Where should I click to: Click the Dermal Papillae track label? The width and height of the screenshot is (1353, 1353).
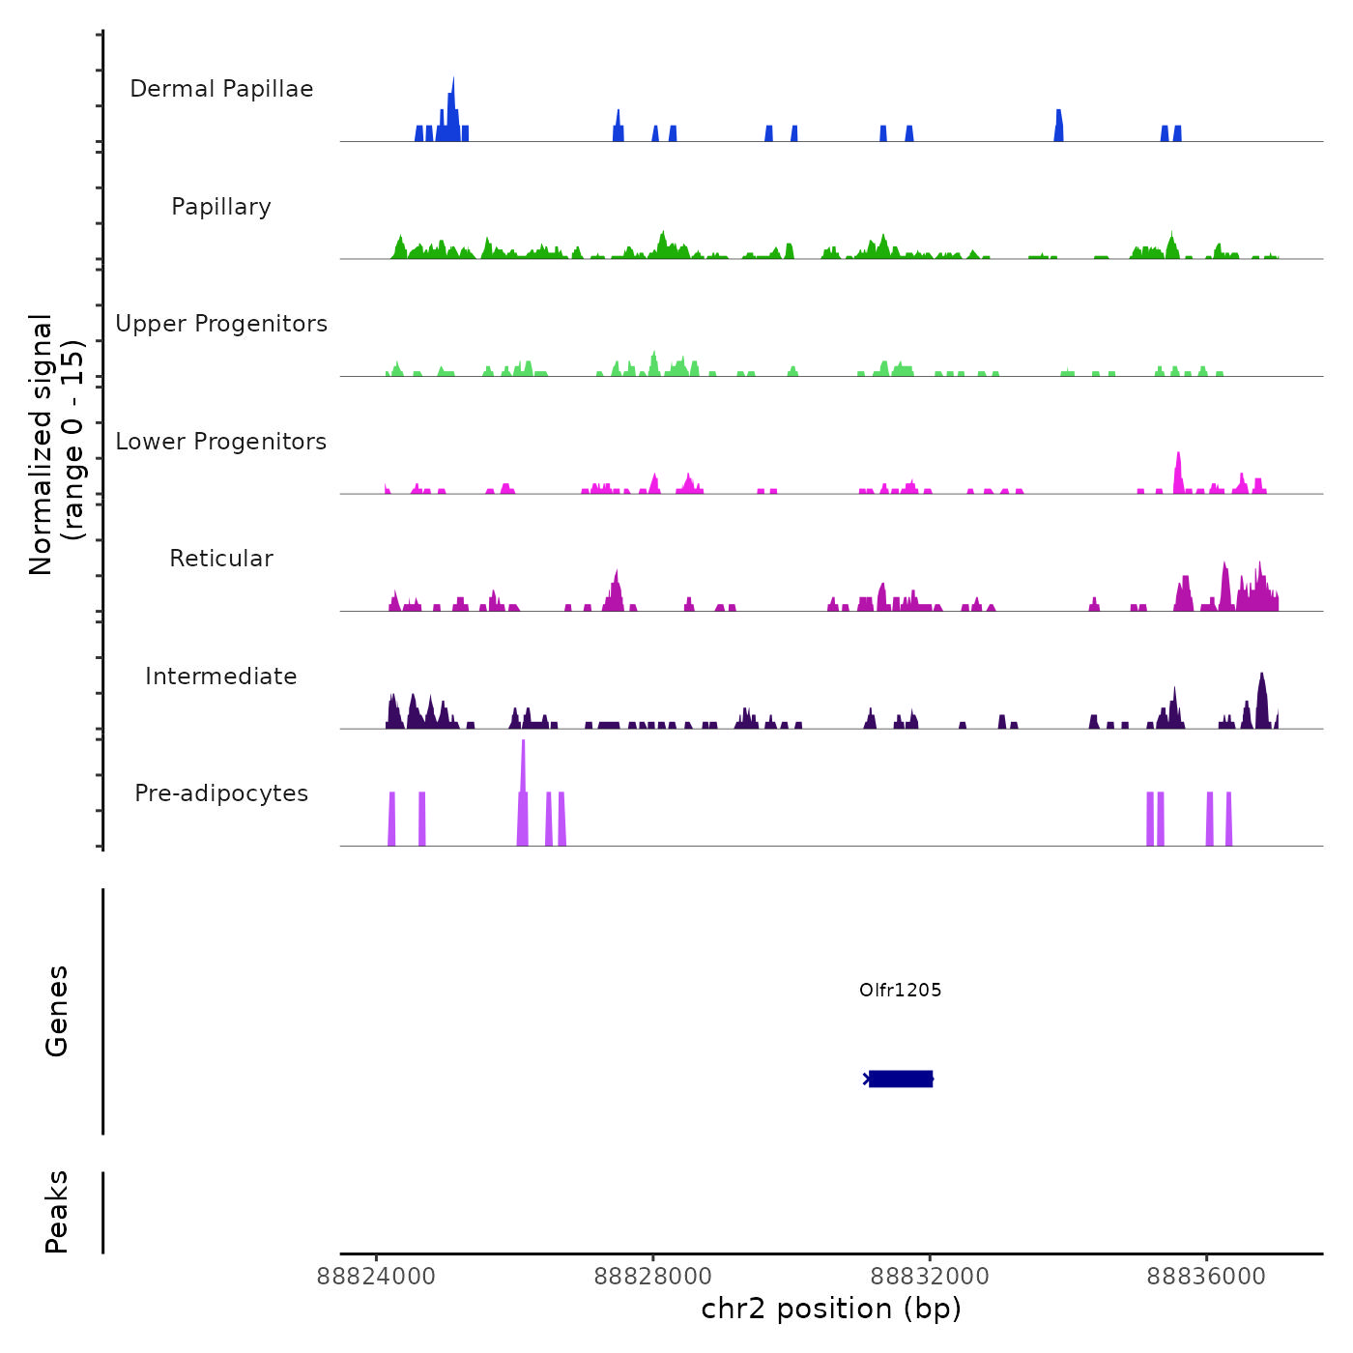point(221,89)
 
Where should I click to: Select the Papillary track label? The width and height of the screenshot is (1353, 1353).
point(221,207)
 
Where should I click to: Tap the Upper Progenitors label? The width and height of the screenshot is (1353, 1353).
point(221,324)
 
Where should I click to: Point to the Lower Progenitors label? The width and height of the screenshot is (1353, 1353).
point(221,442)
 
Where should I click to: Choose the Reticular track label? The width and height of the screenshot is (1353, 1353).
point(221,559)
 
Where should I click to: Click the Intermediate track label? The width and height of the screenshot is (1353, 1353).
point(221,676)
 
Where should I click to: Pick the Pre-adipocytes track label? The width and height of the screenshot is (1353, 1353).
point(221,793)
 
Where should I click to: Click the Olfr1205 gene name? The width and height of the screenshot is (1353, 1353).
point(900,990)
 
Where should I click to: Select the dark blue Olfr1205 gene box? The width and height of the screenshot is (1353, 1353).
point(901,1079)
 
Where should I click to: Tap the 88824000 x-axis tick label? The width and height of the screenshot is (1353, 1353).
point(376,1277)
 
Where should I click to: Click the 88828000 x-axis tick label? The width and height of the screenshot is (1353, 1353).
point(653,1277)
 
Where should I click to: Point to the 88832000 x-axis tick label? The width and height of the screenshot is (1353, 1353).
point(930,1277)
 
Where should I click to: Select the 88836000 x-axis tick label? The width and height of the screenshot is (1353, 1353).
point(1206,1277)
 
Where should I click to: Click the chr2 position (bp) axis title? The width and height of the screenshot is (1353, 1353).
point(831,1309)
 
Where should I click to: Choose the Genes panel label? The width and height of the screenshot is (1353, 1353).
point(57,1011)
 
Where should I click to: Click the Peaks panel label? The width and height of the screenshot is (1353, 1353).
point(57,1212)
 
